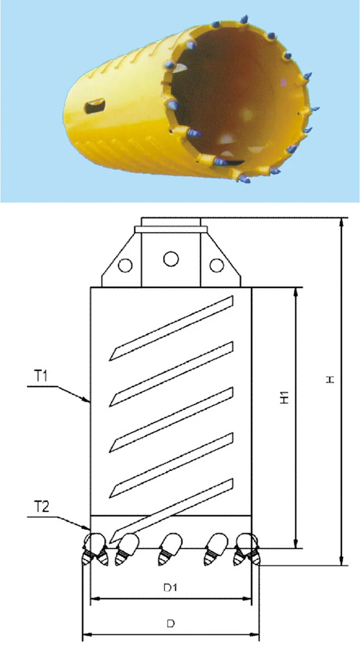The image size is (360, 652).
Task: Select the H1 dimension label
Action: tap(285, 397)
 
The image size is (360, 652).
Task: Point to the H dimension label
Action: tap(330, 379)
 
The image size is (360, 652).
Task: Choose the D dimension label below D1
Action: tap(170, 624)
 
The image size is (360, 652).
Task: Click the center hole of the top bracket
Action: tap(170, 259)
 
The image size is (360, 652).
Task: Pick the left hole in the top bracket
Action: tap(126, 265)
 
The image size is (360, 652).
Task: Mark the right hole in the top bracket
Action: tap(217, 265)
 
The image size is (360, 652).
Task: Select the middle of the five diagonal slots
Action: tap(171, 419)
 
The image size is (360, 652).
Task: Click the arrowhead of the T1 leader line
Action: tap(88, 400)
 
